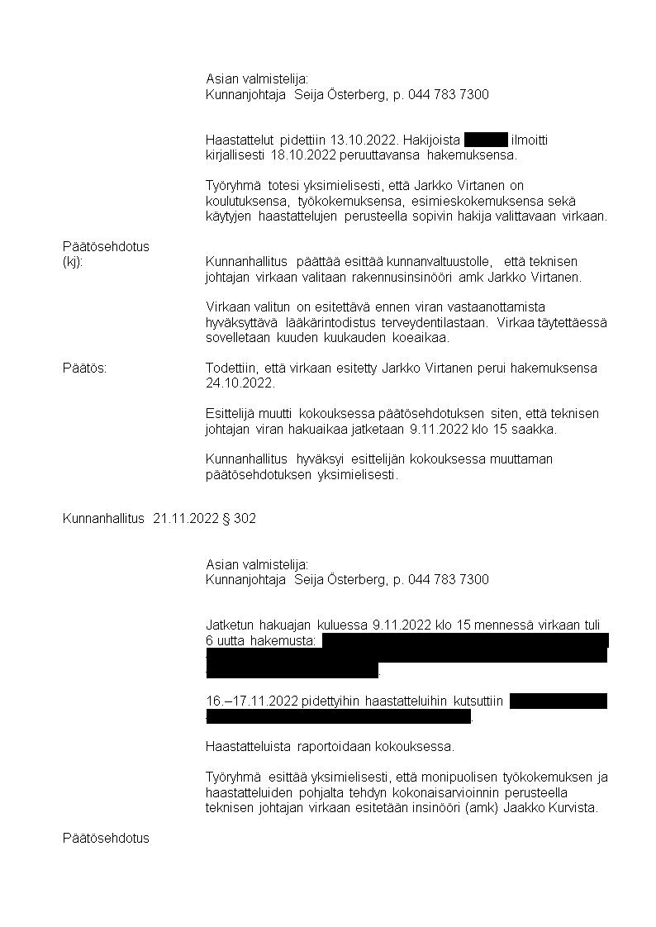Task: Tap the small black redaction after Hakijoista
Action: (x=486, y=140)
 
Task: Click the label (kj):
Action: (x=73, y=261)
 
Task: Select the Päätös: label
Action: (x=84, y=368)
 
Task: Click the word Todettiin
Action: (x=233, y=368)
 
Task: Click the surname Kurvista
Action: (x=568, y=808)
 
